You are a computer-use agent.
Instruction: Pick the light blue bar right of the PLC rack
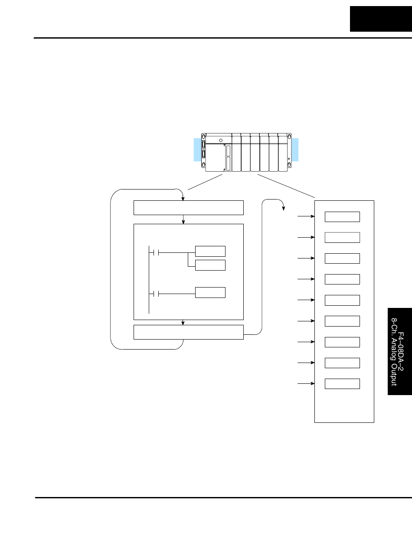coord(295,150)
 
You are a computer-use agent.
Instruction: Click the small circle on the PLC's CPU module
coord(221,140)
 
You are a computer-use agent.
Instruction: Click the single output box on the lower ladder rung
coord(210,293)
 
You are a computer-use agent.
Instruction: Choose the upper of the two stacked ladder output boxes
coord(210,251)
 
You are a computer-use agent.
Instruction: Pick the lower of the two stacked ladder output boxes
coord(210,265)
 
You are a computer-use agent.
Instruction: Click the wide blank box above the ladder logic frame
coord(189,208)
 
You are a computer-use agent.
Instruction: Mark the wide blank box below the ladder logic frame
coord(189,332)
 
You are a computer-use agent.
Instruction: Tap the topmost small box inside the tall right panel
coord(343,217)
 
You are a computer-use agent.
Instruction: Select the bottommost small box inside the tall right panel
coord(343,384)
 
